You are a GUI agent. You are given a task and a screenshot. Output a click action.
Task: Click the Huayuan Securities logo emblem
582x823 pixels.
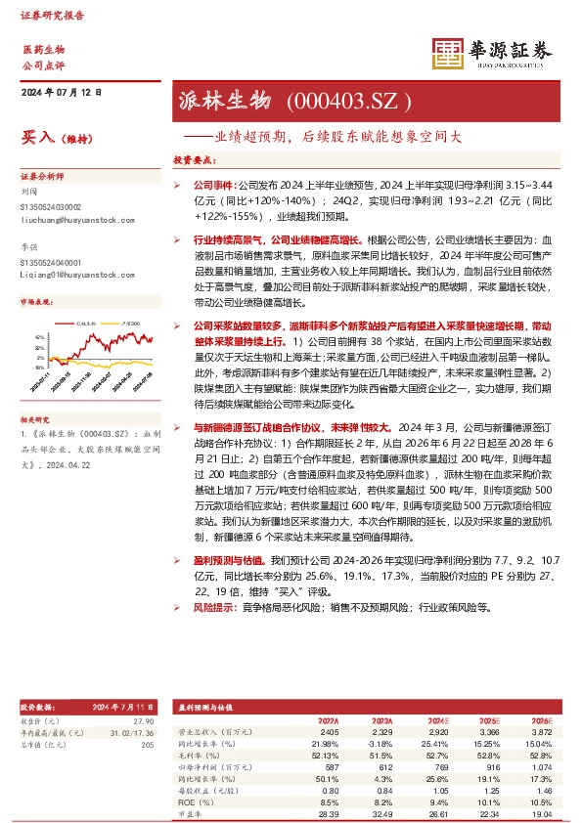(447, 51)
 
